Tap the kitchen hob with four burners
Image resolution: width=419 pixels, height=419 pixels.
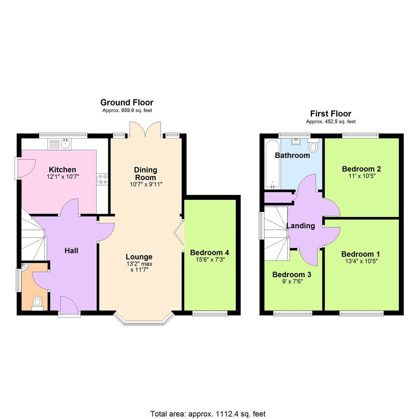pyautogui.click(x=103, y=179)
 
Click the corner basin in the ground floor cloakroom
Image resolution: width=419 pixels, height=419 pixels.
pyautogui.click(x=24, y=267)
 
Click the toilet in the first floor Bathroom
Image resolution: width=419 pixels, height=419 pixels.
pyautogui.click(x=313, y=147)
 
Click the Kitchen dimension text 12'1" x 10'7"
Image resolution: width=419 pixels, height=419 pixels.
pyautogui.click(x=62, y=177)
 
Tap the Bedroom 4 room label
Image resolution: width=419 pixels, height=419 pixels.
pyautogui.click(x=209, y=253)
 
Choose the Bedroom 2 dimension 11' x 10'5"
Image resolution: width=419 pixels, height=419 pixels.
pyautogui.click(x=361, y=176)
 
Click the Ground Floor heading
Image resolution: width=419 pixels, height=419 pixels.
pyautogui.click(x=127, y=102)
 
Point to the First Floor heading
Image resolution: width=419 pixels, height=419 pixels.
pyautogui.click(x=331, y=114)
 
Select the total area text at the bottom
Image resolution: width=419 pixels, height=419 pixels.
pyautogui.click(x=208, y=414)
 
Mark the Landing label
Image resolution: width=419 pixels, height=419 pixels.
pyautogui.click(x=300, y=226)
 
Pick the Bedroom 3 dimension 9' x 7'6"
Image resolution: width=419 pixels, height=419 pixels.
pyautogui.click(x=291, y=282)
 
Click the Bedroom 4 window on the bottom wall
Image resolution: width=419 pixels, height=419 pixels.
pyautogui.click(x=210, y=313)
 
